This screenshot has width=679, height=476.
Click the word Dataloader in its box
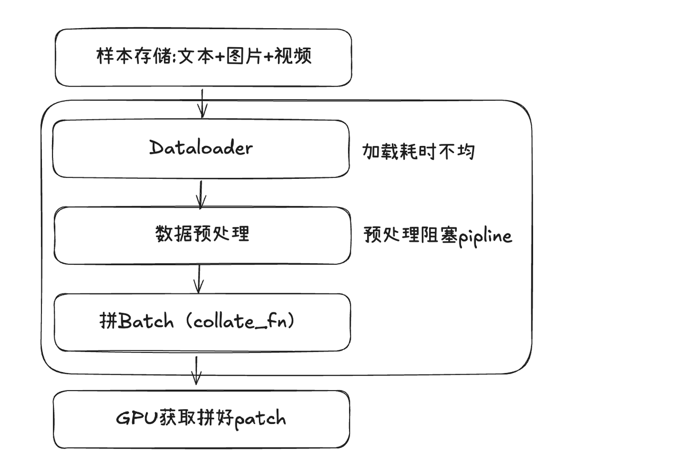coord(201,148)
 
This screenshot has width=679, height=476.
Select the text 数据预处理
coord(202,233)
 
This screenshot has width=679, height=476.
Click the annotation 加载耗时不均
coord(419,152)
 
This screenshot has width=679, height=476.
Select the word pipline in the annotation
coord(485,235)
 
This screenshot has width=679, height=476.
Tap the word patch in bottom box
coord(260,419)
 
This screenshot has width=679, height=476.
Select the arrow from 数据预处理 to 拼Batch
coord(199,279)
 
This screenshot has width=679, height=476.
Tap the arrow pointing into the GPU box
coord(196,370)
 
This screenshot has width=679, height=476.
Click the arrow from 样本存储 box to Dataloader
coord(202,103)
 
